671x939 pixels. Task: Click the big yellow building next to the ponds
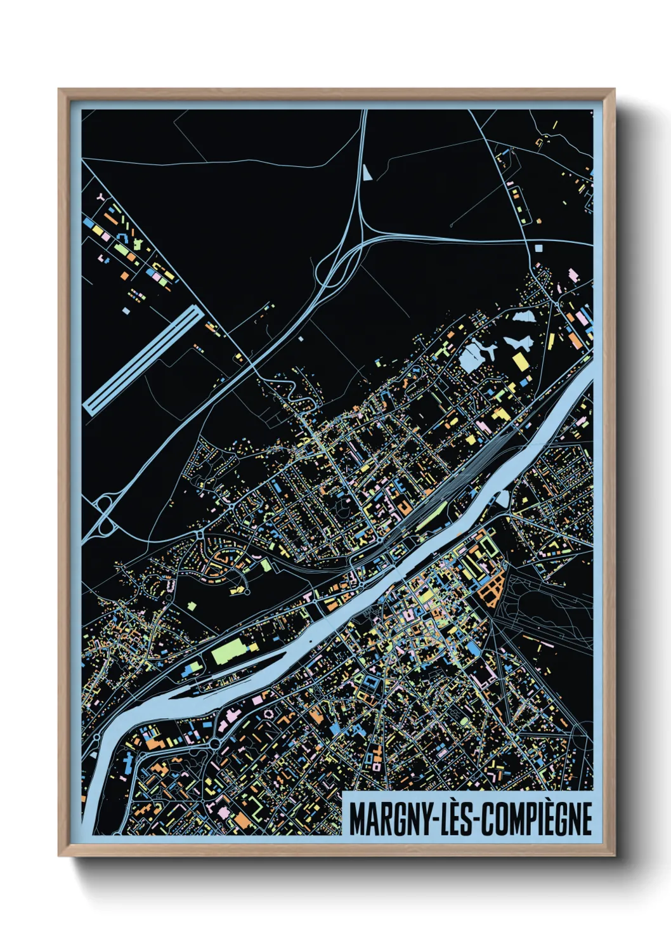[520, 362]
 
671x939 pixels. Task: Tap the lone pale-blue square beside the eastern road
[540, 247]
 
